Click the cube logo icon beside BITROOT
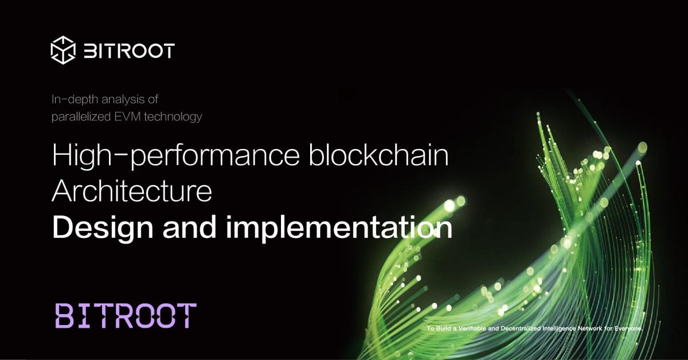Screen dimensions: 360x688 pos(63,50)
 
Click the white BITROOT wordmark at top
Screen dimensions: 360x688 pos(129,50)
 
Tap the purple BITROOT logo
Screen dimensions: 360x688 pos(126,316)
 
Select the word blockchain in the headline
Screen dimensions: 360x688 pos(378,156)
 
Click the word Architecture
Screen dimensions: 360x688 pos(132,192)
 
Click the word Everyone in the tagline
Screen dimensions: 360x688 pos(629,329)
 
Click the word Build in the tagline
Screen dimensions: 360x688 pos(443,329)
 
